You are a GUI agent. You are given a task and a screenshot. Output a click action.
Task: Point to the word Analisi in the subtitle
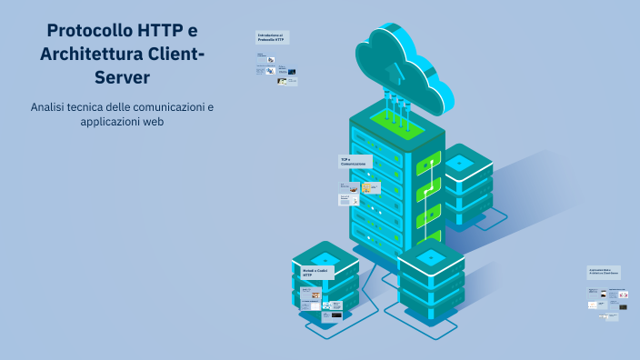pos(50,107)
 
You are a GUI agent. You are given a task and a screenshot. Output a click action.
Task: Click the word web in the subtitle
pos(153,122)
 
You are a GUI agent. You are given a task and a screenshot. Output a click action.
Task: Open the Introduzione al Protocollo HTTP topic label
pos(272,38)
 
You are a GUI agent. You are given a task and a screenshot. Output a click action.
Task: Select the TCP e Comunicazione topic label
pos(355,162)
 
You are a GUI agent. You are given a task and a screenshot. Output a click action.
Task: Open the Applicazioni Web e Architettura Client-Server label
pos(604,271)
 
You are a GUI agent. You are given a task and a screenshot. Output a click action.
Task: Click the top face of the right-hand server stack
pos(460,162)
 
